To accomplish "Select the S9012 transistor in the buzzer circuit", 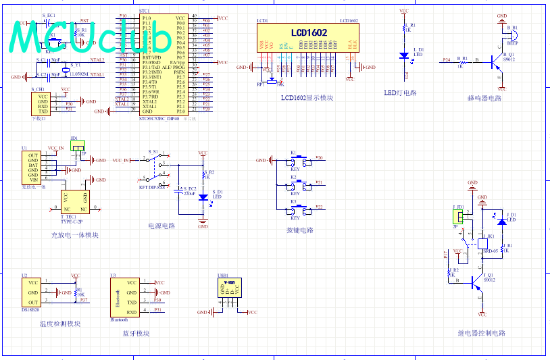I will [499, 61].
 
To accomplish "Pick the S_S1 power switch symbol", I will [157, 162].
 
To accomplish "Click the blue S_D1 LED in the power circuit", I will [203, 197].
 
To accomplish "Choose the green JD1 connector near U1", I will [78, 145].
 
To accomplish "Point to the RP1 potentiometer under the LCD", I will [272, 80].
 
